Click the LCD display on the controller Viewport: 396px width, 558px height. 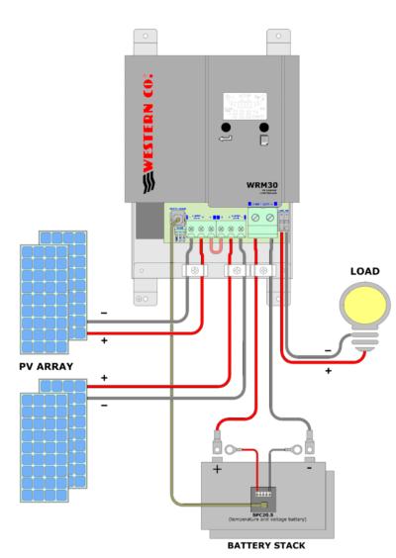[244, 104]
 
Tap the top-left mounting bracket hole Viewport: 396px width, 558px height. [147, 36]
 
